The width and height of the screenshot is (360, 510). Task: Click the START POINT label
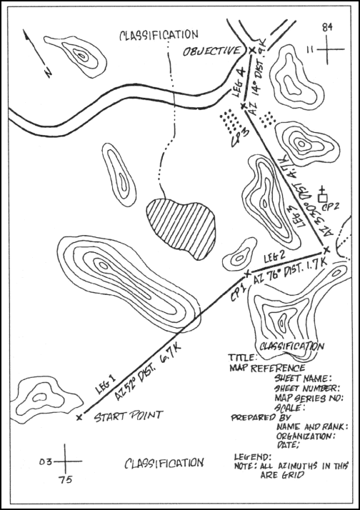coord(129,415)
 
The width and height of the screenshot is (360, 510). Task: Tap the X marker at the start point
coord(79,416)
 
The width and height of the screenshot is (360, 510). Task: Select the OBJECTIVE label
coord(211,51)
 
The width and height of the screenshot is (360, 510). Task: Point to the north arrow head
coord(27,34)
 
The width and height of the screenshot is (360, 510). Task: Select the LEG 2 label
coord(275,256)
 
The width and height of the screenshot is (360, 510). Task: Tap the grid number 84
coord(328,27)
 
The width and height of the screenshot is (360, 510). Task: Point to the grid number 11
coord(311,49)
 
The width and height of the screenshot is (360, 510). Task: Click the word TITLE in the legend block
coord(239,356)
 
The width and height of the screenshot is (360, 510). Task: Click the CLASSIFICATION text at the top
coord(159,34)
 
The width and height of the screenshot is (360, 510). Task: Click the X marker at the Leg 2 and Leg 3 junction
coord(326,249)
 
